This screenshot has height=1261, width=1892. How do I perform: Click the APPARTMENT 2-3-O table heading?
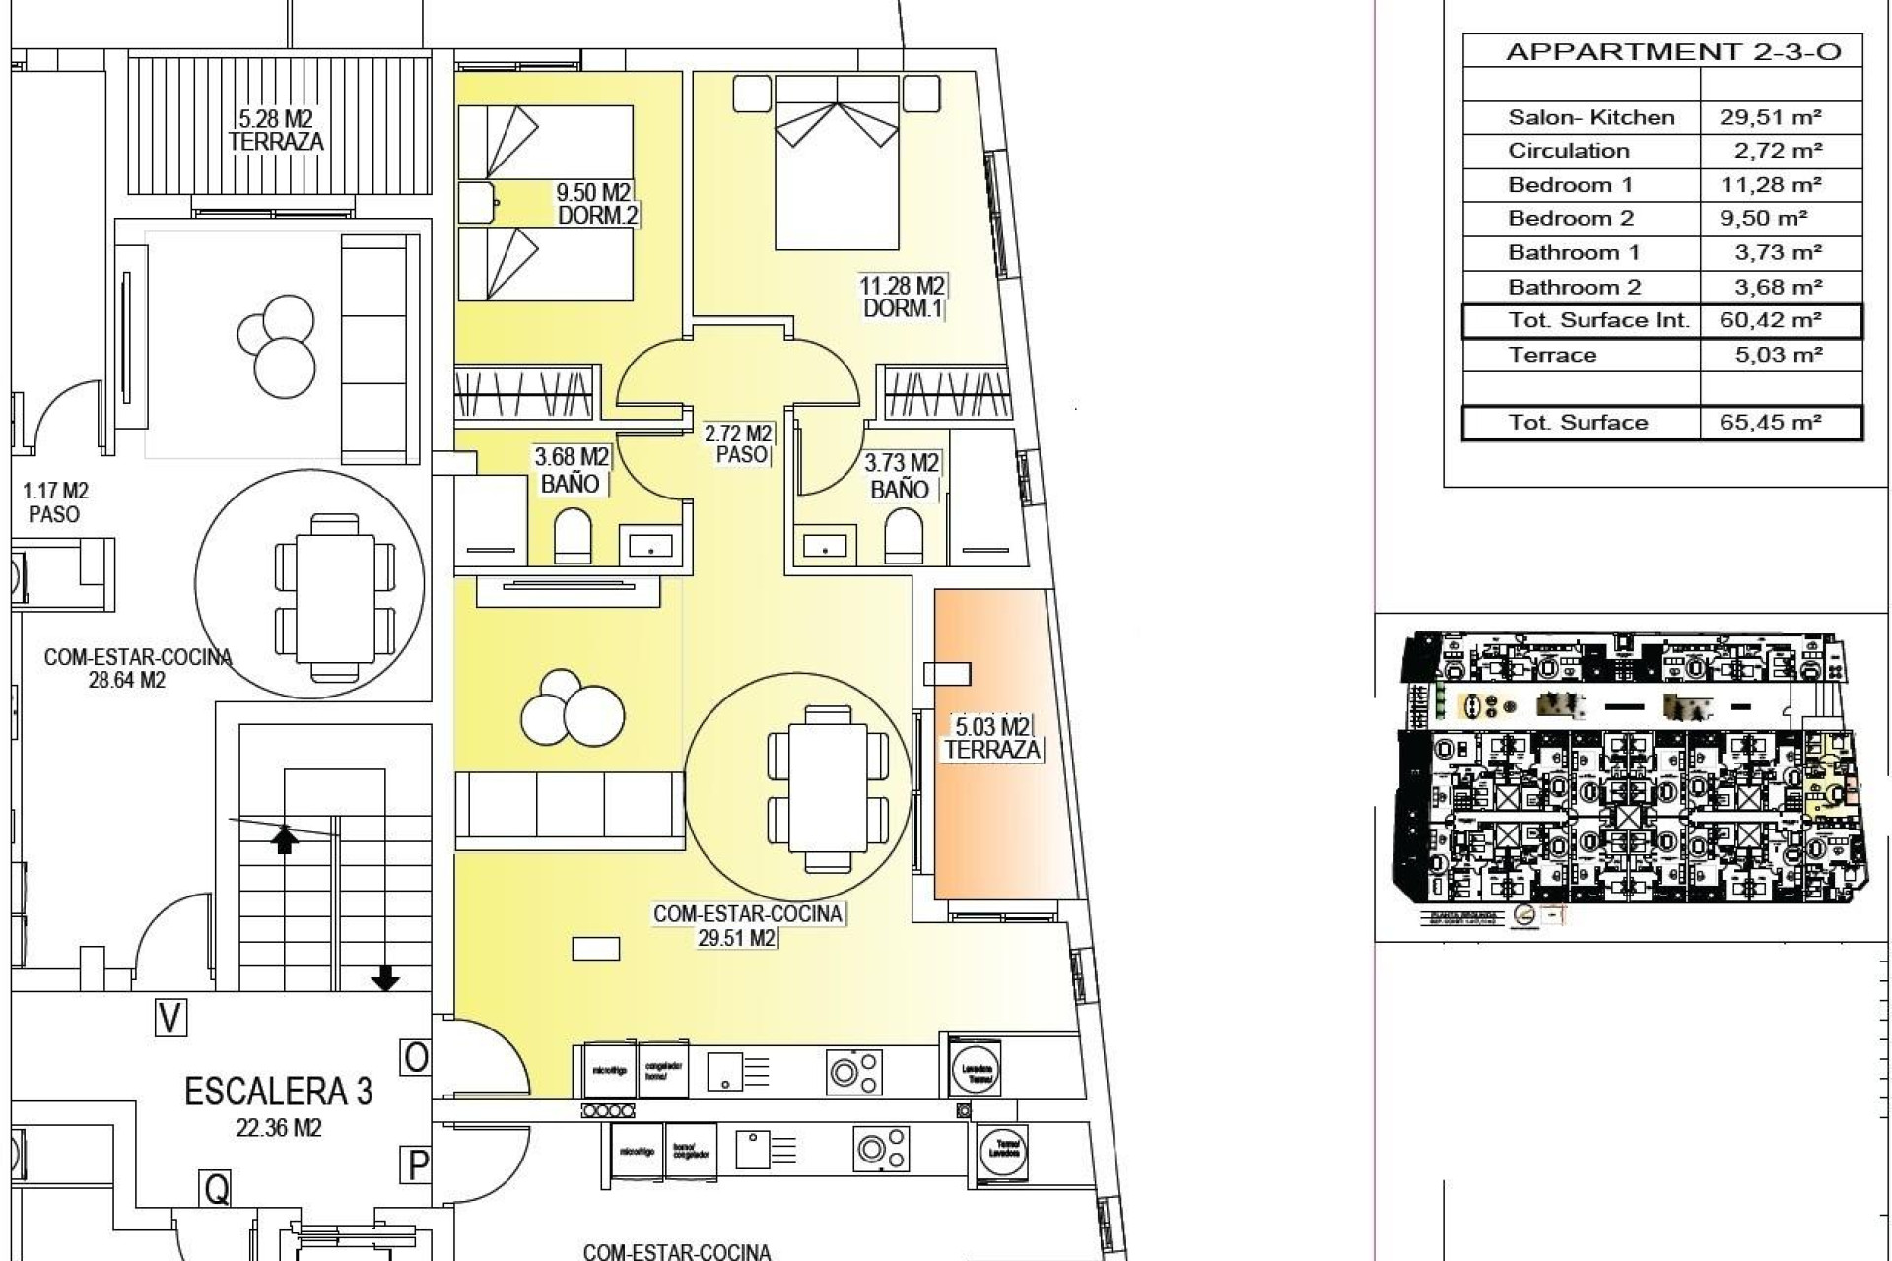coord(1672,52)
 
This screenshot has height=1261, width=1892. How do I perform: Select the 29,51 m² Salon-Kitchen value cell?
coord(1770,117)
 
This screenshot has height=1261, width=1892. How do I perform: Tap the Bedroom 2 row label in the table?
coord(1570,219)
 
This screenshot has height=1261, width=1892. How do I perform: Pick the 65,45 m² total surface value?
coord(1770,423)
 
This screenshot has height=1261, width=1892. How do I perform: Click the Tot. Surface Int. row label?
coord(1597,320)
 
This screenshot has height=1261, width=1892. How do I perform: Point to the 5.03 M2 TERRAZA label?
coord(991,739)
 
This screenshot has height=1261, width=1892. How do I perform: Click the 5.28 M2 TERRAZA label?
coord(276,130)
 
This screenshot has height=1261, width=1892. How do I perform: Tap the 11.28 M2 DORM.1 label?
coord(902,297)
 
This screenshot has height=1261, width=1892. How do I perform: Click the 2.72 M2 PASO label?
coord(738,443)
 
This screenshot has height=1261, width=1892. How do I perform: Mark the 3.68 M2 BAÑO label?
coord(571,470)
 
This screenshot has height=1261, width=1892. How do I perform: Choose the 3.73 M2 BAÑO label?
coord(900,475)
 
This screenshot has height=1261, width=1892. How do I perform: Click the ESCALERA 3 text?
coord(279,1092)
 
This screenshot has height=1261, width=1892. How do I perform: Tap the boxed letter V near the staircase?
coord(170,1018)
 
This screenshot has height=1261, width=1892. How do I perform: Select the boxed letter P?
coord(417,1165)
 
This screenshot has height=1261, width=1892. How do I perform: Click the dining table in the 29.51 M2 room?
coord(817,788)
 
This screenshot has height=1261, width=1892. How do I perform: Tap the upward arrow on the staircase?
coord(285,839)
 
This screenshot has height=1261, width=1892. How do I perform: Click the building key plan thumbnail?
coord(1633,778)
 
